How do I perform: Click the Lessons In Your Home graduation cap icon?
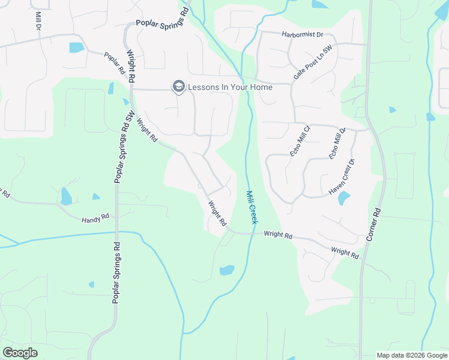(x=178, y=87)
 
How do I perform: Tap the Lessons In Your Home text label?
(x=230, y=87)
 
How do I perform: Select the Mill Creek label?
(x=252, y=208)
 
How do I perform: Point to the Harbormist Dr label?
(x=303, y=35)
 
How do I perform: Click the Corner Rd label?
(x=373, y=225)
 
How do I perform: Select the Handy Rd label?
(x=95, y=220)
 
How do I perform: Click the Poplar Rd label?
(x=114, y=63)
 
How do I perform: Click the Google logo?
(x=20, y=353)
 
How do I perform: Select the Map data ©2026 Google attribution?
(x=412, y=355)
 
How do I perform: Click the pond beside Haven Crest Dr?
(x=344, y=198)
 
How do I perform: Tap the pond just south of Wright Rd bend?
(x=227, y=270)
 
